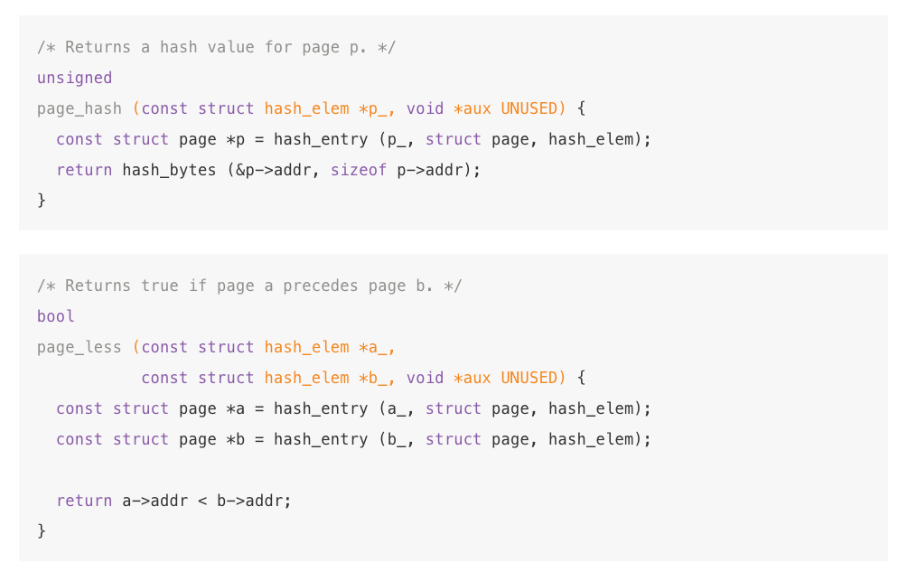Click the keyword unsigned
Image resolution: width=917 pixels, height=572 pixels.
74,78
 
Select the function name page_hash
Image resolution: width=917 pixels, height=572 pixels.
79,108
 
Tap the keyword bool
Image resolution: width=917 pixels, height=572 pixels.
55,316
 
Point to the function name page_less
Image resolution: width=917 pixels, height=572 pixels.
79,347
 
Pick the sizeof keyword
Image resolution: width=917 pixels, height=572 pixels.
358,170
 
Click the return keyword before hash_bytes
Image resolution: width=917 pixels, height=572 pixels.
84,170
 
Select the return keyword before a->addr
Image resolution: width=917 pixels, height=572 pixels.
84,501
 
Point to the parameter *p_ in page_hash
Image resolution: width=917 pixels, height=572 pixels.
377,108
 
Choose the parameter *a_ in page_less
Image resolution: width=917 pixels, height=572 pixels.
377,347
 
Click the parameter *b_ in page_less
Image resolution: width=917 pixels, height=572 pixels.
377,378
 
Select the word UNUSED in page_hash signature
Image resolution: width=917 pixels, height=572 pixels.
529,108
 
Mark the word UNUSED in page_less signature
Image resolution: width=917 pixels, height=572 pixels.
529,378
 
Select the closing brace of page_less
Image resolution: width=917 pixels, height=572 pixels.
42,531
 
